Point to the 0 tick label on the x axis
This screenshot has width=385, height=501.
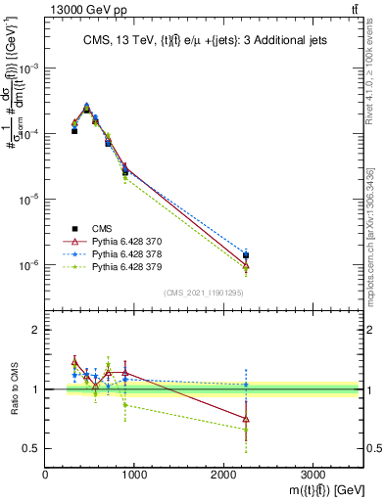coord(46,473)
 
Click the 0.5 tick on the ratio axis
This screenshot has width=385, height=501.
coord(32,448)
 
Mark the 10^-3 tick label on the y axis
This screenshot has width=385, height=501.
coord(29,68)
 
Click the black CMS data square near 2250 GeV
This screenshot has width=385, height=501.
coord(246,255)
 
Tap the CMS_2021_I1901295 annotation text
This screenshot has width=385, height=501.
coord(204,293)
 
